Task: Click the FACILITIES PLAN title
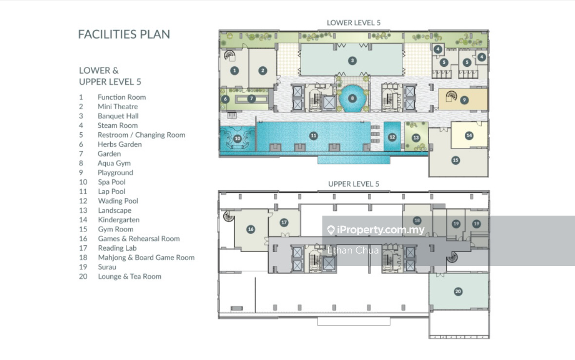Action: (x=124, y=34)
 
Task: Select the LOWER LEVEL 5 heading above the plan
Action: (x=354, y=23)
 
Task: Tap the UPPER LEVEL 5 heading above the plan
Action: (x=354, y=184)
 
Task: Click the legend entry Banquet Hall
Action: (x=118, y=116)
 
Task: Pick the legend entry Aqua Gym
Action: (x=114, y=163)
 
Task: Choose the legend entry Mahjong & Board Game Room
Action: (x=146, y=258)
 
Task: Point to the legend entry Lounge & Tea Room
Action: (x=129, y=276)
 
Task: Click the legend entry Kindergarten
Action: (x=119, y=220)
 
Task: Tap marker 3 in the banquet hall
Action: (x=353, y=60)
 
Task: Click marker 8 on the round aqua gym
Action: (x=353, y=99)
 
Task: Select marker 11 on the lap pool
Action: (x=313, y=136)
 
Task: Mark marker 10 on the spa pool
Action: (x=237, y=139)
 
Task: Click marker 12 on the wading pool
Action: (x=392, y=137)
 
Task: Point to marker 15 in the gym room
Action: (x=456, y=160)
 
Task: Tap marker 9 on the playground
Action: (x=464, y=100)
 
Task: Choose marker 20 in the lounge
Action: (x=458, y=291)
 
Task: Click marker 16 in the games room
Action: (x=251, y=229)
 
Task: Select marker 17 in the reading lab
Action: (x=284, y=222)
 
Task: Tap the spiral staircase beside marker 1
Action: (x=229, y=55)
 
